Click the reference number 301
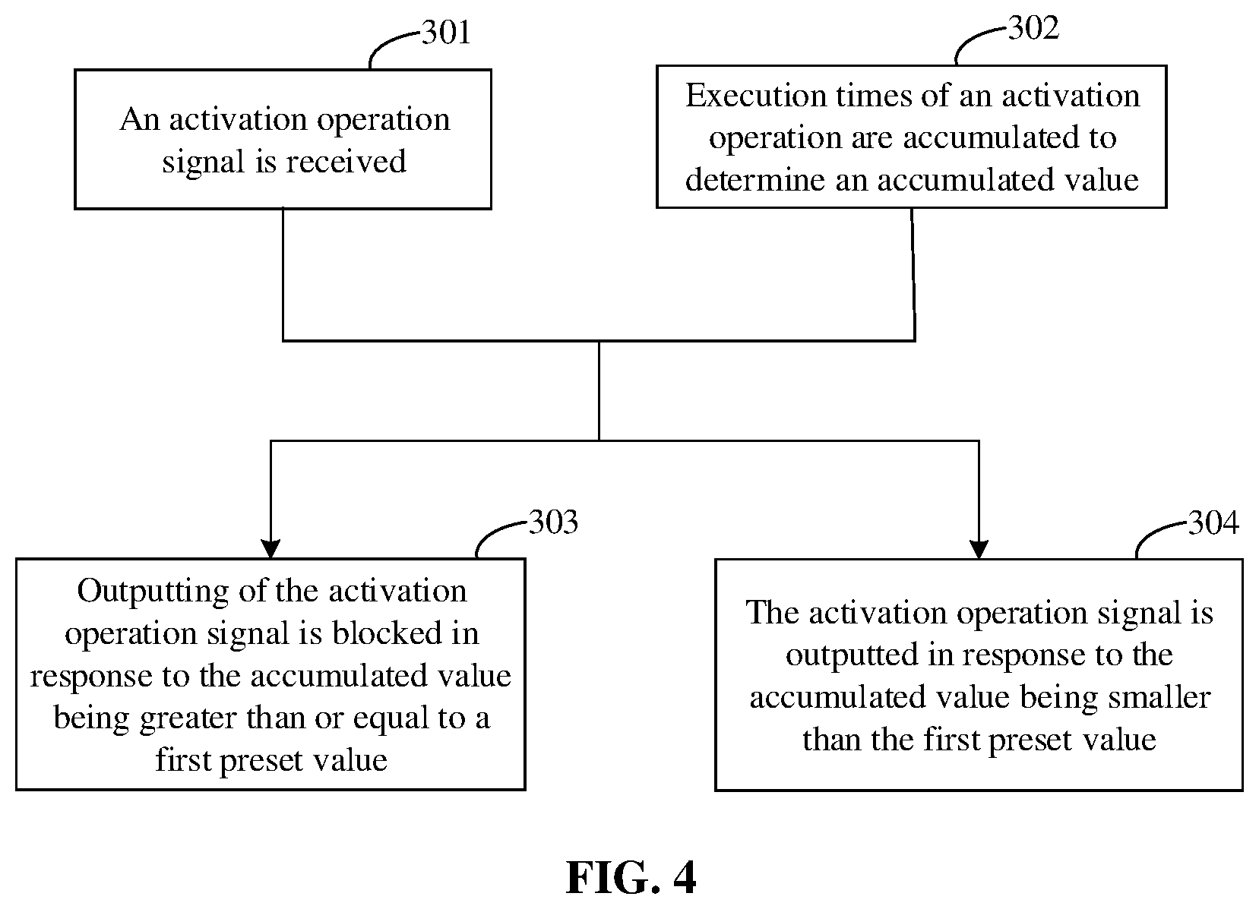pyautogui.click(x=446, y=32)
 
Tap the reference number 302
pyautogui.click(x=1033, y=28)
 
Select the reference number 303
pyautogui.click(x=553, y=522)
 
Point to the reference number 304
pyautogui.click(x=1213, y=523)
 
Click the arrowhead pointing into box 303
pyautogui.click(x=271, y=549)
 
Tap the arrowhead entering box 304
pyautogui.click(x=979, y=550)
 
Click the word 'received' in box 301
pyautogui.click(x=346, y=162)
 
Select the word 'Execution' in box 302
pyautogui.click(x=757, y=96)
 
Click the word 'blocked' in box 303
pyautogui.click(x=388, y=633)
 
